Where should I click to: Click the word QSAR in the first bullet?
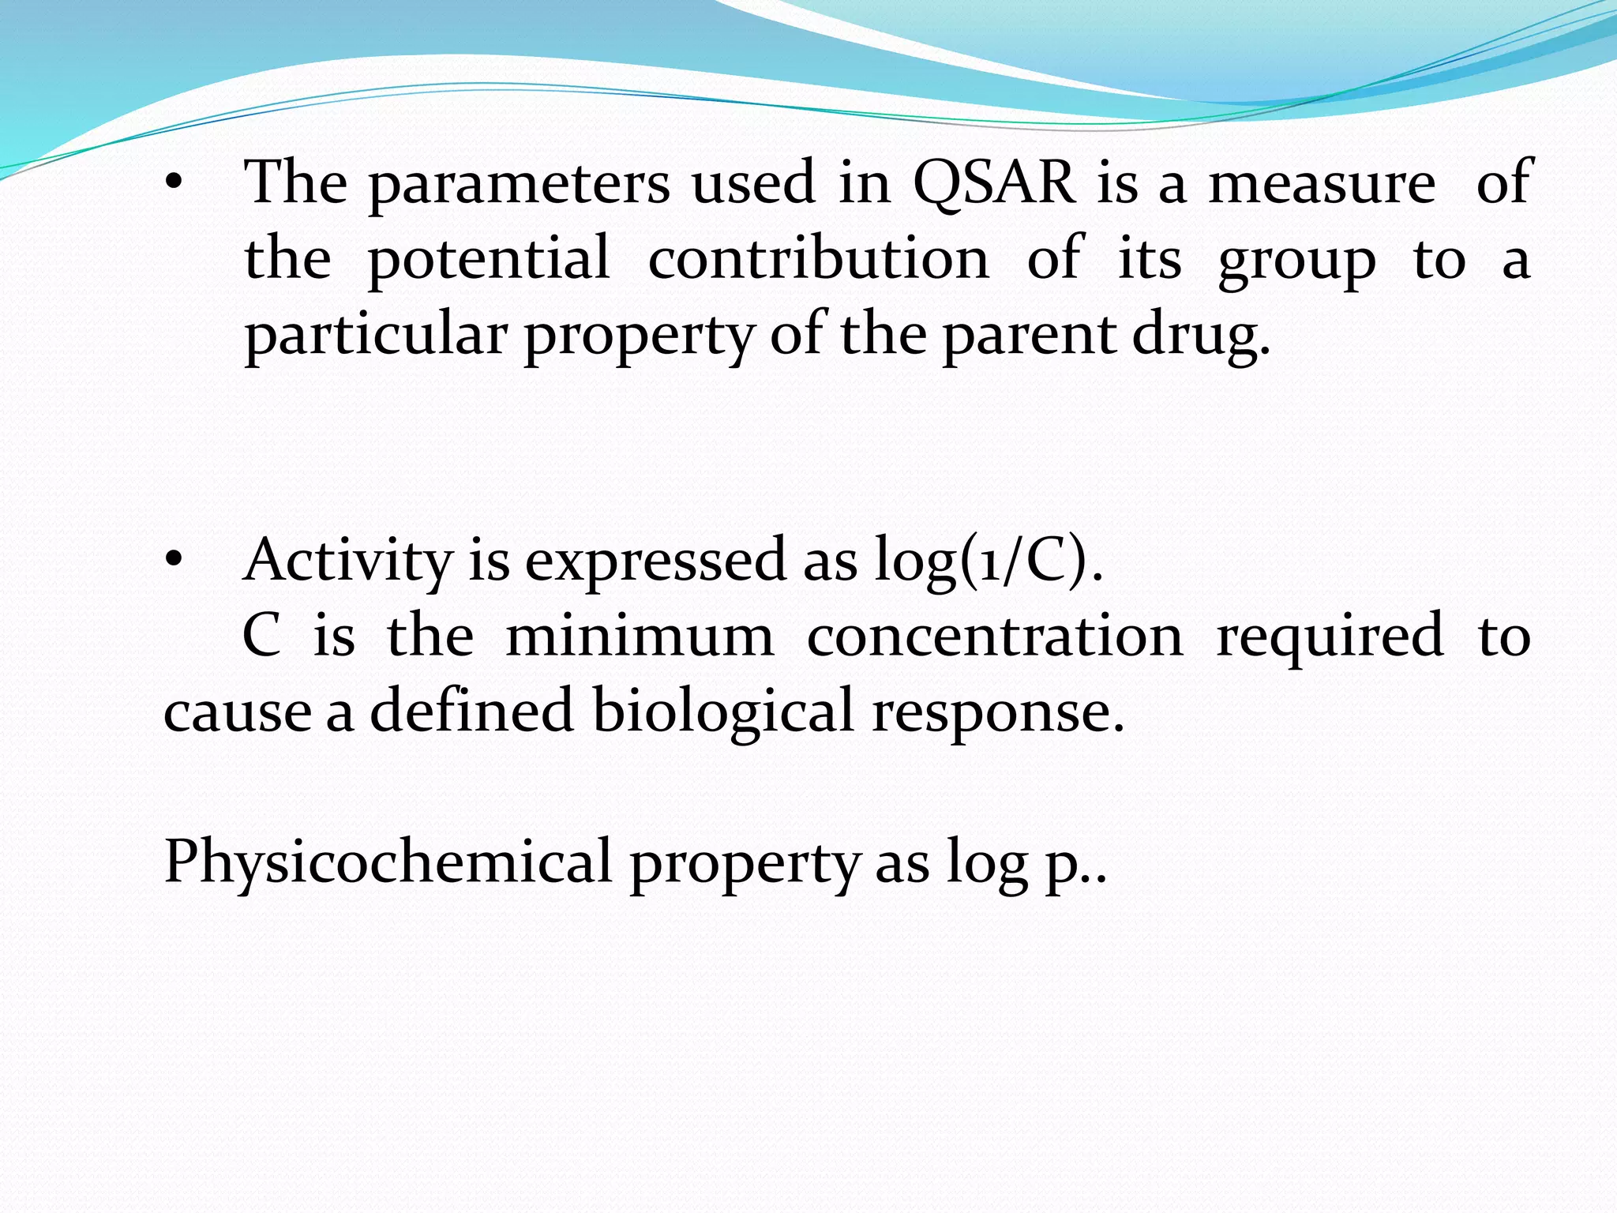click(x=994, y=182)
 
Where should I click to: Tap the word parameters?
click(x=519, y=184)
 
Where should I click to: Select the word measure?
click(x=1322, y=182)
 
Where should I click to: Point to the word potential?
click(x=489, y=259)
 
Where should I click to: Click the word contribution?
click(x=818, y=257)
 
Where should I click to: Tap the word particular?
click(x=375, y=336)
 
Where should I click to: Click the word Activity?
click(x=347, y=561)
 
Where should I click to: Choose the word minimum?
click(x=640, y=636)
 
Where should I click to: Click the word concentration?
click(x=995, y=636)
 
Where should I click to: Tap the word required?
click(x=1330, y=636)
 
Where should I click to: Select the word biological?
click(x=722, y=710)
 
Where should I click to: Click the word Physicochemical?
click(x=388, y=861)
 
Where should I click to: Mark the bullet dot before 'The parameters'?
click(x=173, y=184)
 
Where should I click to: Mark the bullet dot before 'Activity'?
click(x=173, y=561)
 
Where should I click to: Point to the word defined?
click(x=471, y=710)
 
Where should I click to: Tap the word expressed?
click(x=655, y=561)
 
